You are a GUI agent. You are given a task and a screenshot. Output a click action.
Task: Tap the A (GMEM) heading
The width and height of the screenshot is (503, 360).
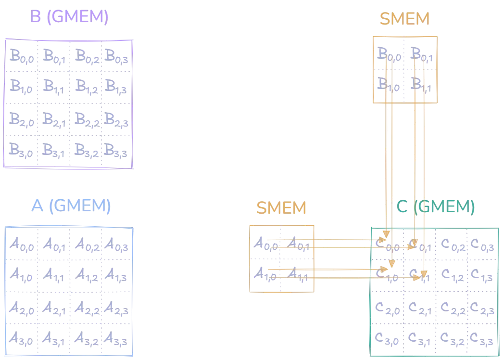tap(71, 206)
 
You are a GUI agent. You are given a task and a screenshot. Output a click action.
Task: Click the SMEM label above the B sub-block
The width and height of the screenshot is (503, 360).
tap(404, 19)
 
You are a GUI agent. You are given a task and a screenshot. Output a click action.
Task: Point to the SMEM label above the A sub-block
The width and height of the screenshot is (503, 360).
tap(281, 208)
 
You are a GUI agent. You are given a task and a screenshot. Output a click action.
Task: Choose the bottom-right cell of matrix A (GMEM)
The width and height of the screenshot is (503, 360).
tap(116, 339)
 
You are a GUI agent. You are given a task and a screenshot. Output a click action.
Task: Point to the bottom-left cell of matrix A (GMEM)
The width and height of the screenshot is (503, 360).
tap(21, 339)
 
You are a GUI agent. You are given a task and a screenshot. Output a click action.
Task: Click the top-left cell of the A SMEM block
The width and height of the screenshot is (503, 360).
tap(264, 242)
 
